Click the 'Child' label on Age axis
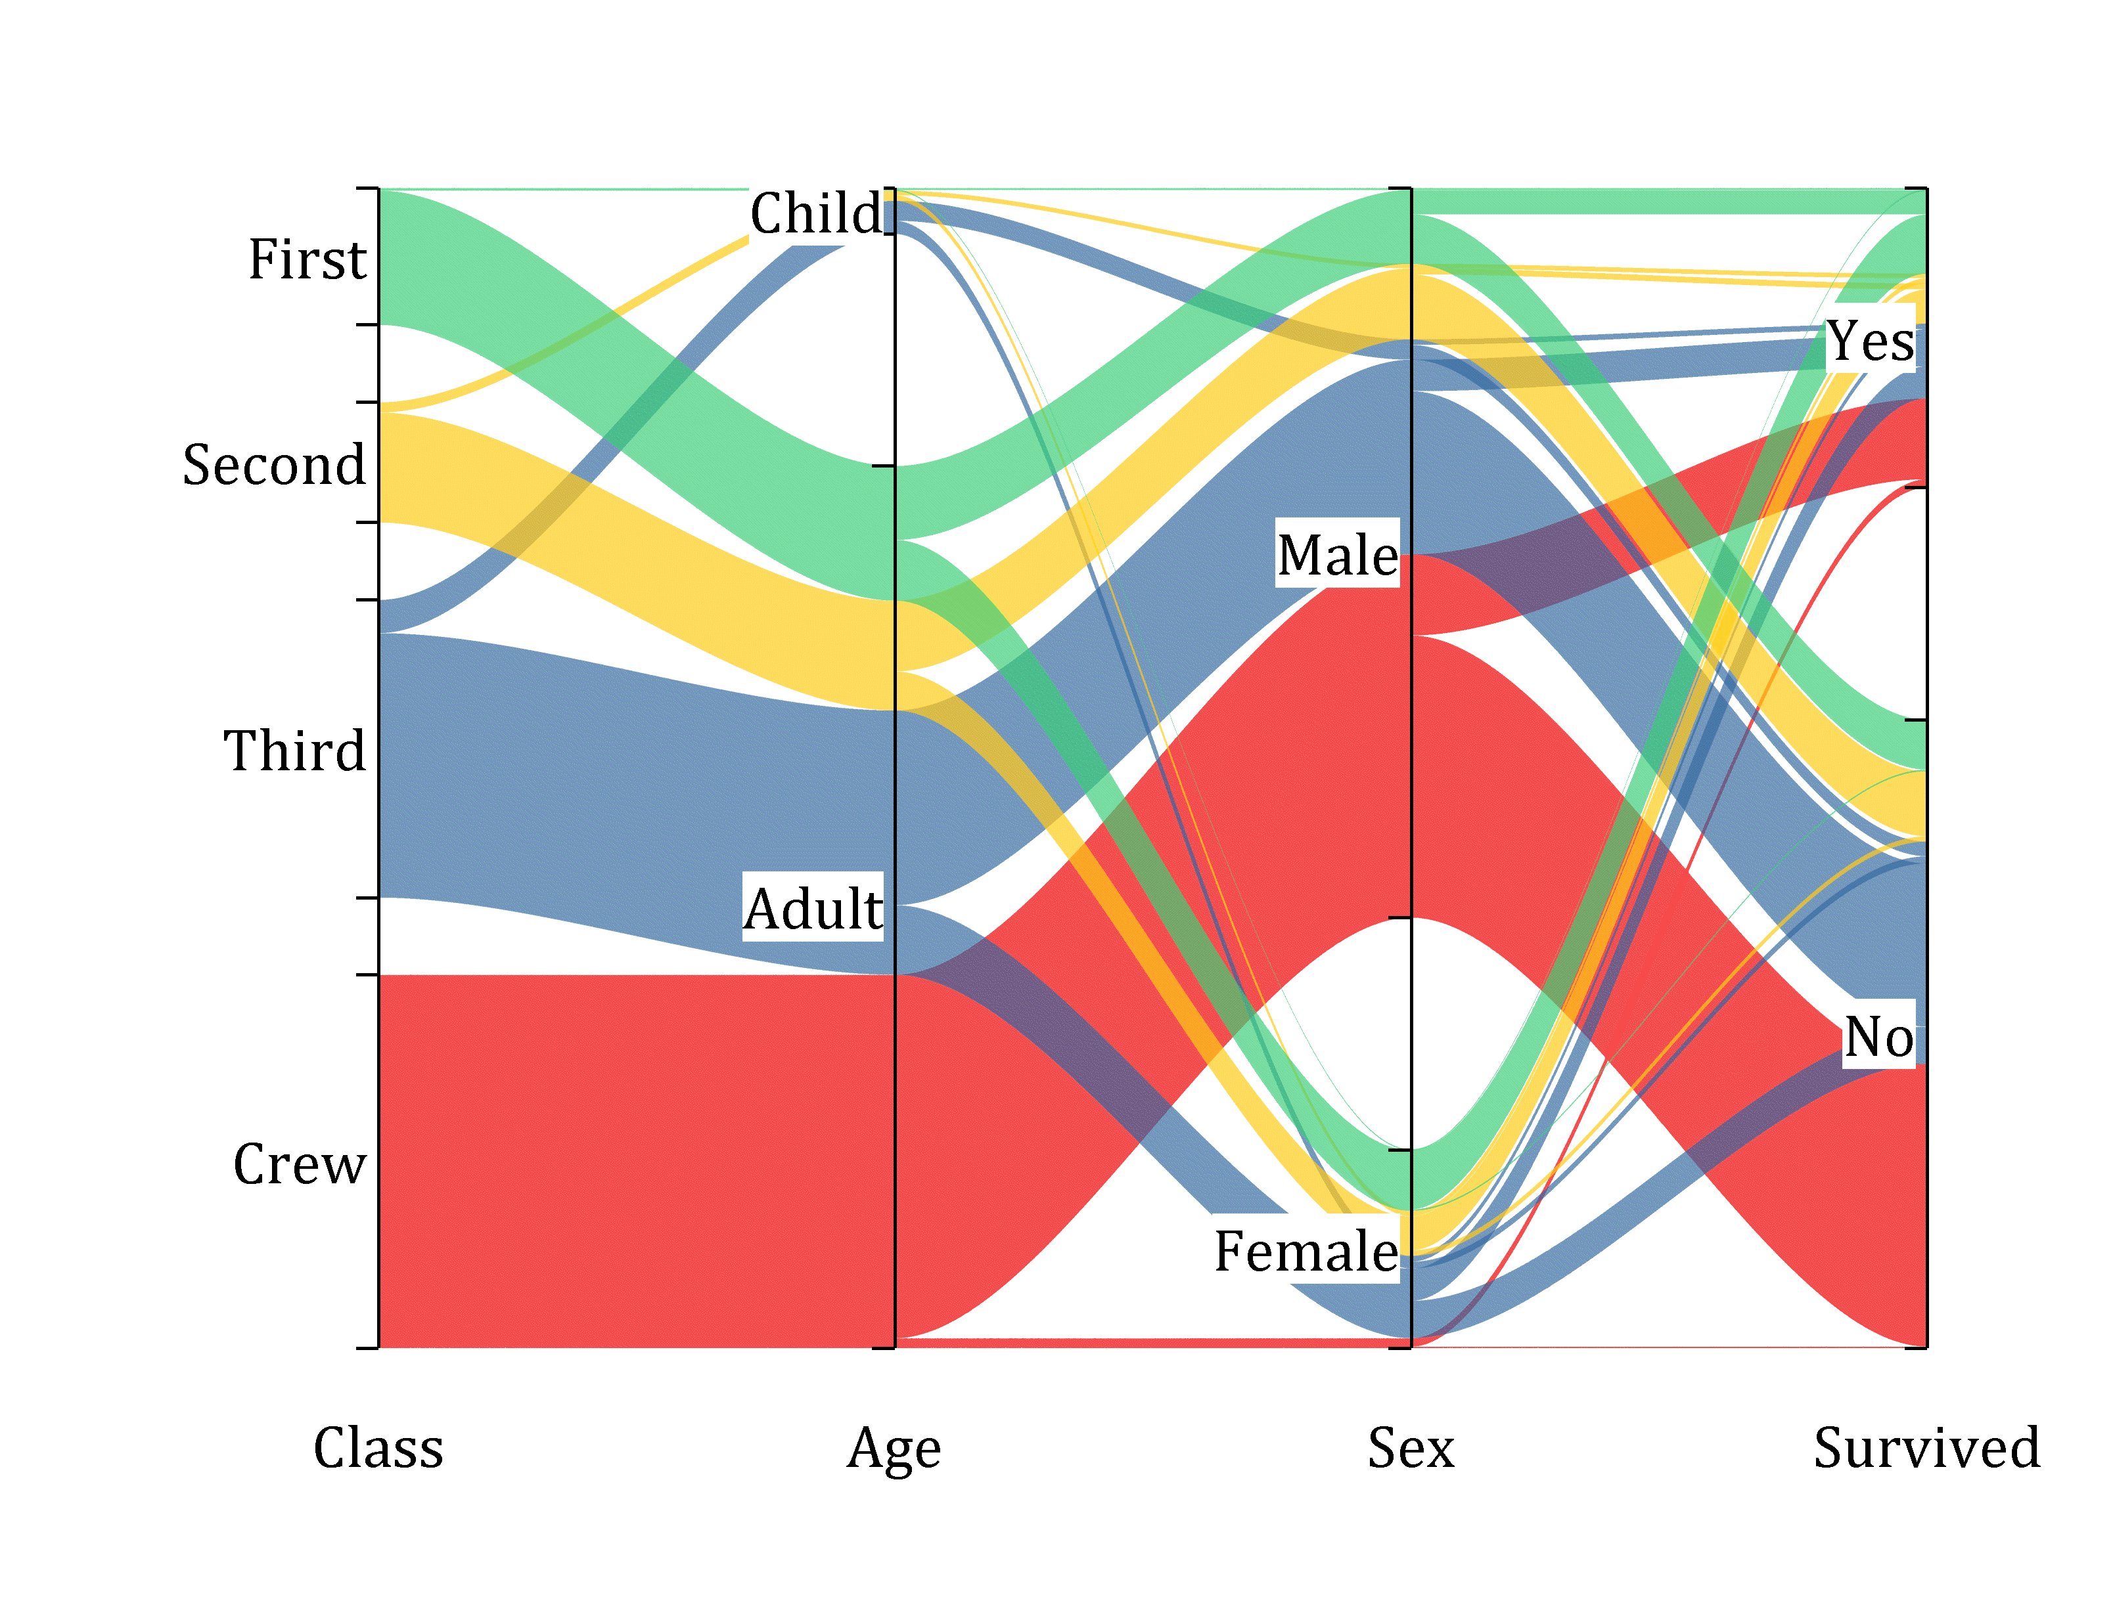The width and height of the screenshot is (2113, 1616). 815,213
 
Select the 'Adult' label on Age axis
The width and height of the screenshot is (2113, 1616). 813,908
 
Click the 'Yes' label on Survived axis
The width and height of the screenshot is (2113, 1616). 1869,341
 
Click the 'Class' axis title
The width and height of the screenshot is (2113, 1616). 378,1448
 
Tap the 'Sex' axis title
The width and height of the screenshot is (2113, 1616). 1411,1448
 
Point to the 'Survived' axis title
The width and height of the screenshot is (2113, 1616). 1926,1448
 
